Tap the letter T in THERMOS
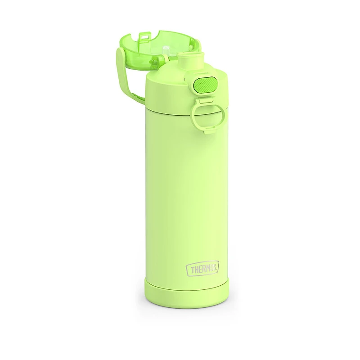189,269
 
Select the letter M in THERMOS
204,268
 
